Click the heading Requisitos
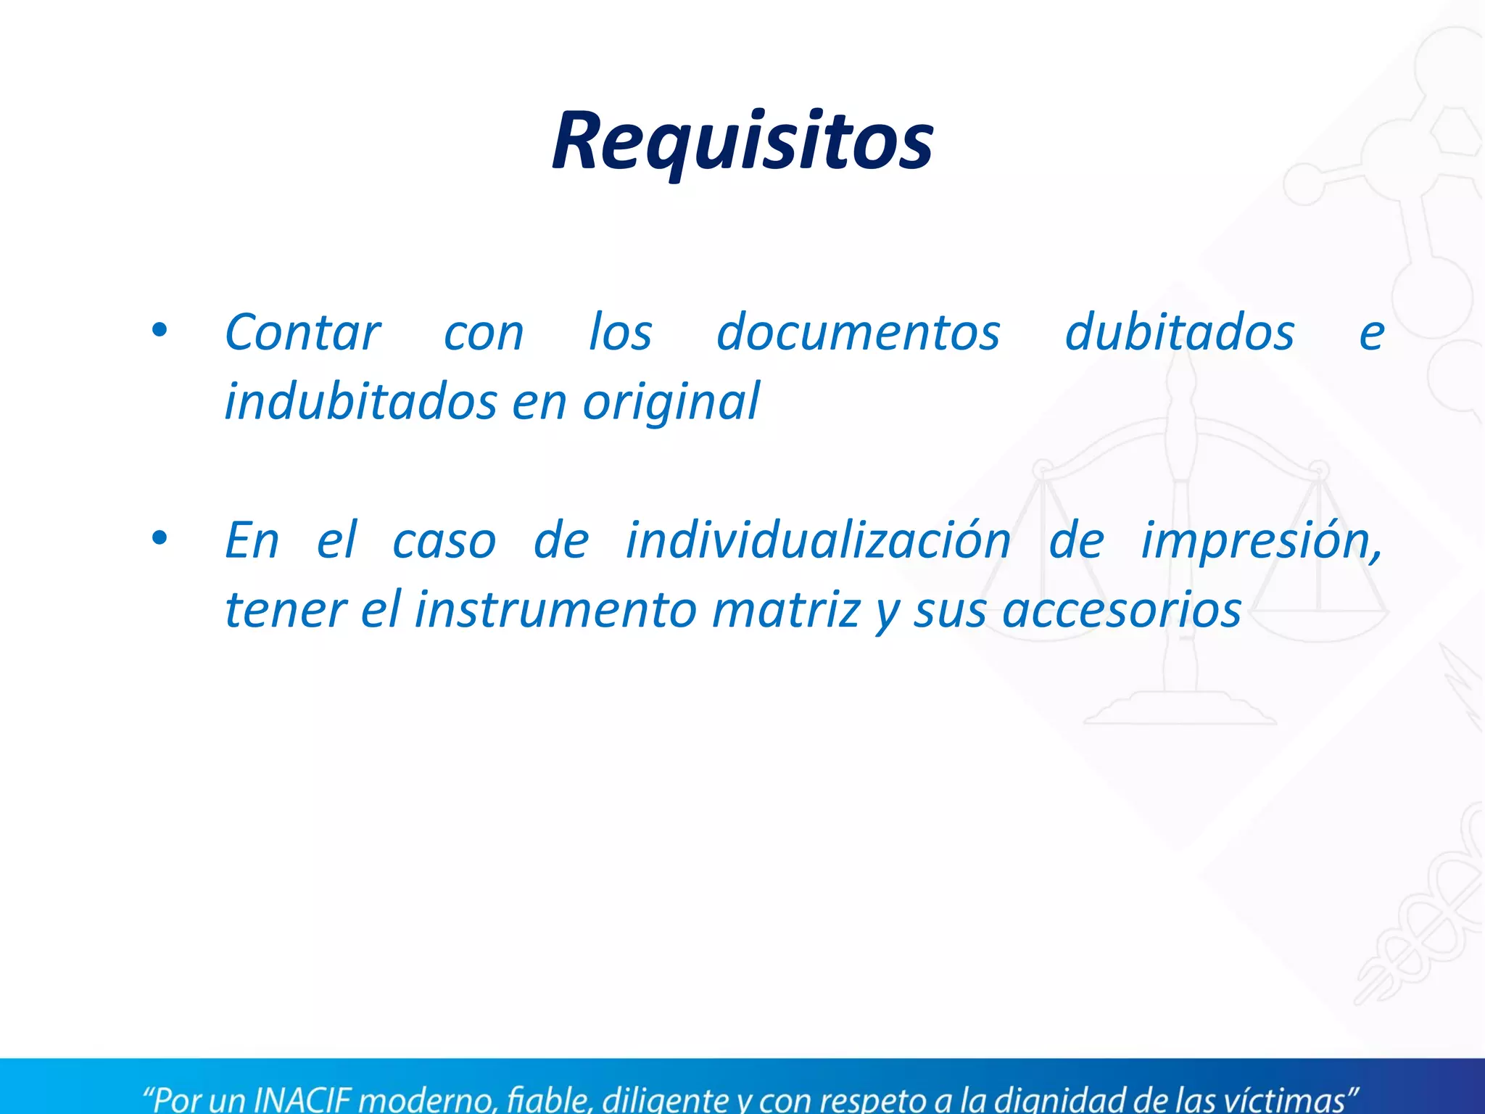click(742, 141)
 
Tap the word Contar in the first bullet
click(302, 333)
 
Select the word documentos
click(858, 333)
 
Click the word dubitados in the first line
click(1179, 333)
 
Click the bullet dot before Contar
click(159, 331)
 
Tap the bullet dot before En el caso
click(159, 539)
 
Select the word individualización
click(818, 540)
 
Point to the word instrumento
click(555, 610)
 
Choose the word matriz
click(786, 610)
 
